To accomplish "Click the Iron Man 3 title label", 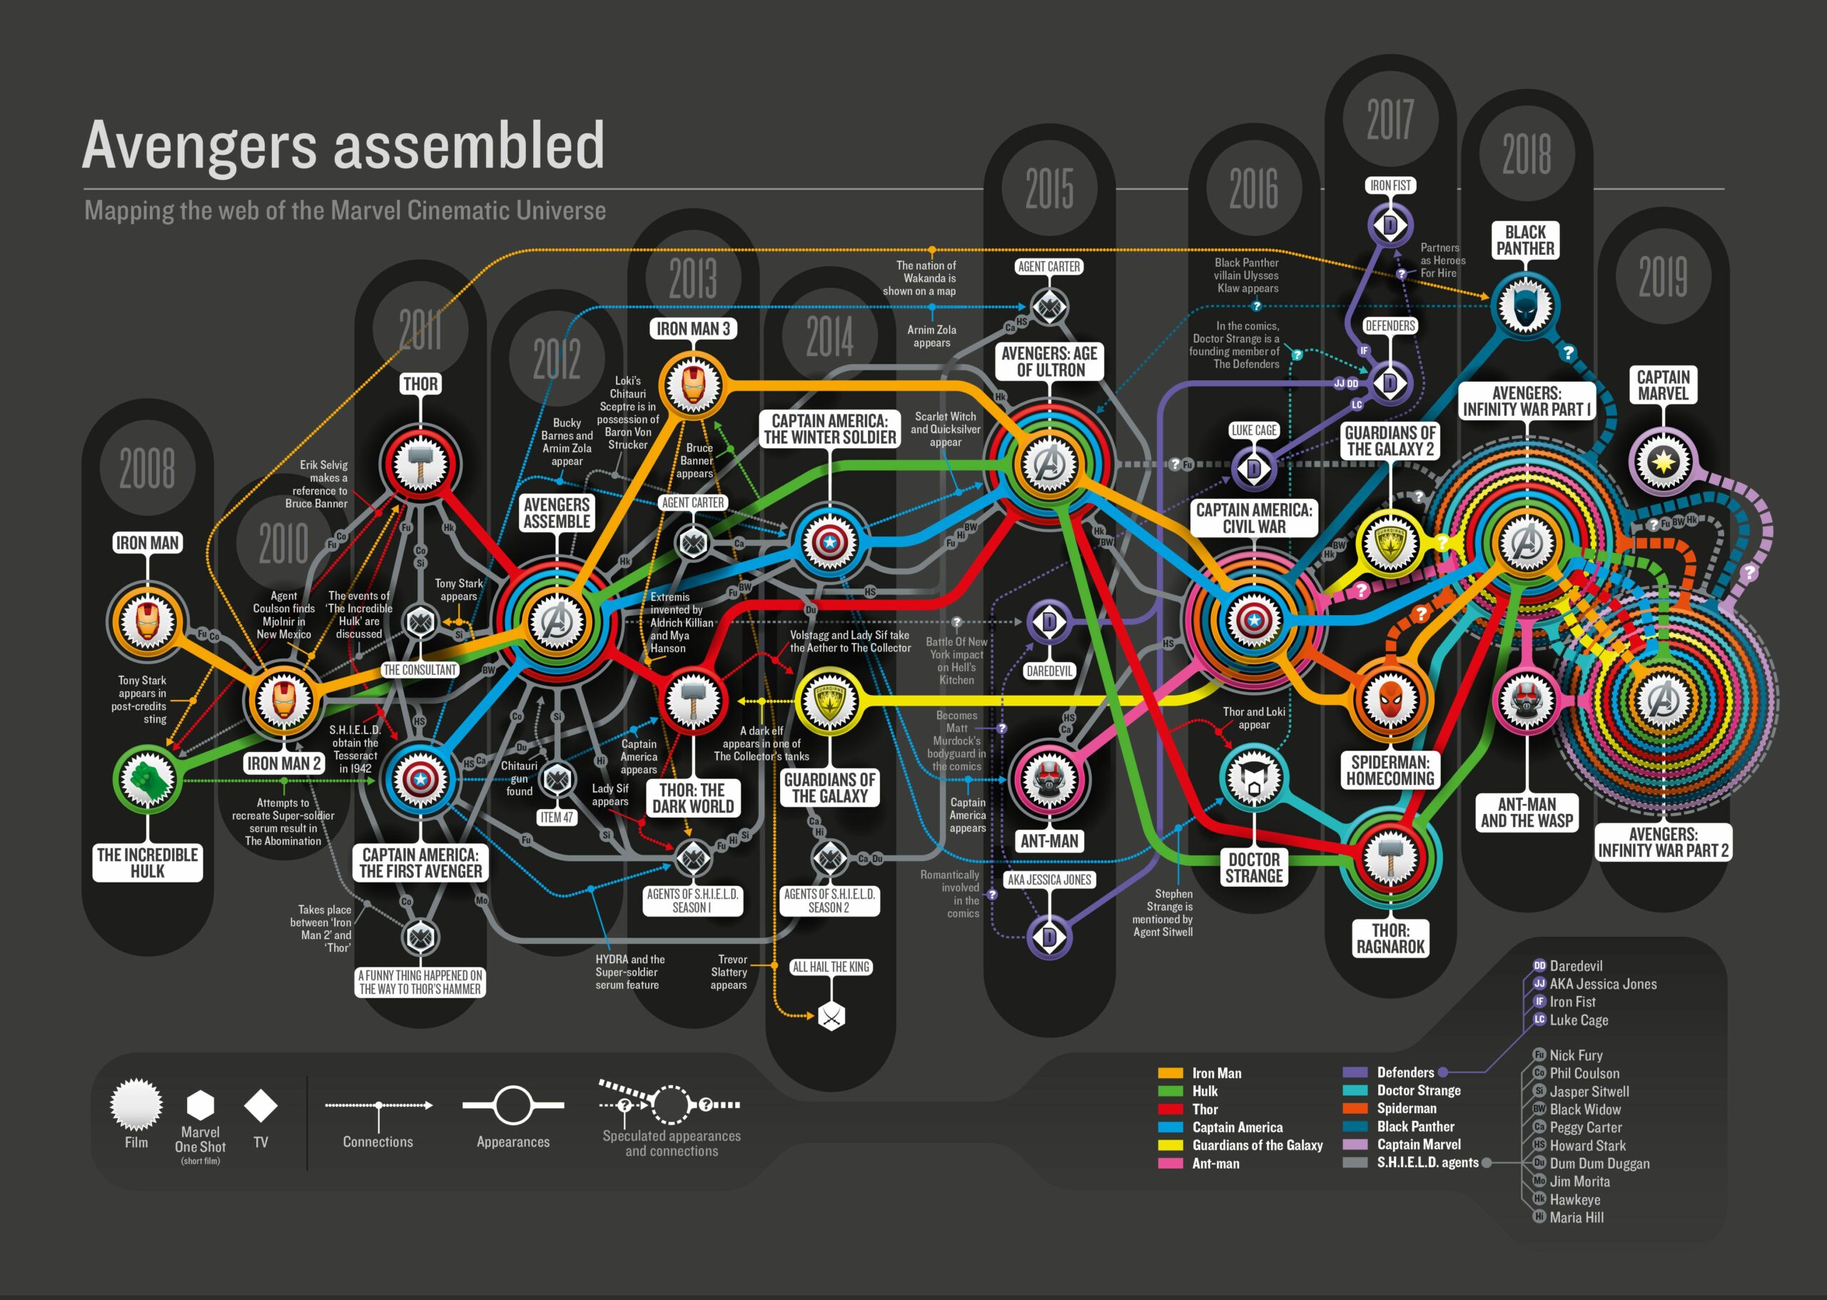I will (x=692, y=329).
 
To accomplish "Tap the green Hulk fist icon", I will (x=147, y=778).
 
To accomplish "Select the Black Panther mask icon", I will (x=1525, y=307).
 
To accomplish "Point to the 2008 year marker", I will (x=147, y=467).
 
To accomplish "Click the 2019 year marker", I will (x=1663, y=277).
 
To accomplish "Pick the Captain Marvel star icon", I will (x=1663, y=462).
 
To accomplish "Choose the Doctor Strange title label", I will (x=1254, y=868).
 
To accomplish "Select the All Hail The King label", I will (x=830, y=967).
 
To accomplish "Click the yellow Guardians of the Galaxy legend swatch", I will (x=1170, y=1145).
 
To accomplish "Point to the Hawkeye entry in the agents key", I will (x=1574, y=1199).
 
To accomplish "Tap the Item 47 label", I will (x=557, y=817).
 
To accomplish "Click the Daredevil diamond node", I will (x=1049, y=622).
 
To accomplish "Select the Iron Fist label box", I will (x=1391, y=186).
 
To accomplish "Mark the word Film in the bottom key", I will (x=136, y=1142).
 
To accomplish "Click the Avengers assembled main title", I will (x=343, y=145).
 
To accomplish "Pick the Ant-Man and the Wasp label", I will (x=1527, y=812).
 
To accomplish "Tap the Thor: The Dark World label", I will (x=692, y=798).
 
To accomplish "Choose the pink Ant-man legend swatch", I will (x=1170, y=1163).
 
